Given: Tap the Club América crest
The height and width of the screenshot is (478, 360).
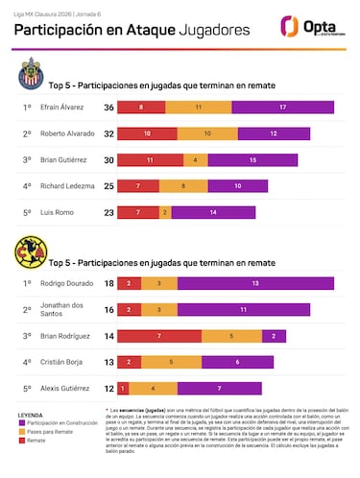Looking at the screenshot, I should (30, 255).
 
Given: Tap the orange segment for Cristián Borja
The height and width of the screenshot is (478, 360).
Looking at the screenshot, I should (170, 363).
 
